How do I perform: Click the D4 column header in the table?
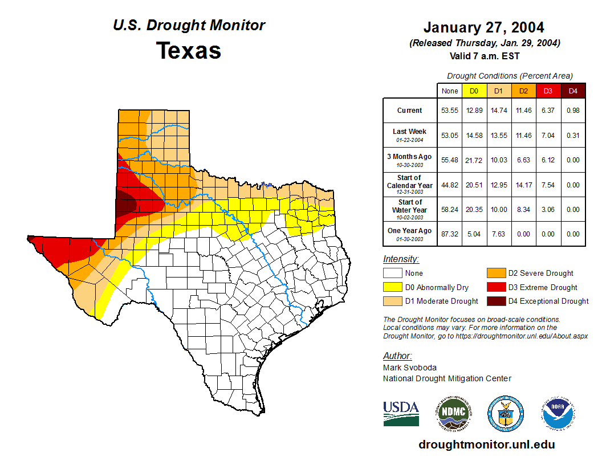(573, 91)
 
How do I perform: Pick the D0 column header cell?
(474, 91)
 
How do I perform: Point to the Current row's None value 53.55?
(449, 111)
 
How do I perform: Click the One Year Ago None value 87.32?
(449, 234)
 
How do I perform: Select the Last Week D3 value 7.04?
(548, 135)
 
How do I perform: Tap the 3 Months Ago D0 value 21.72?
(474, 160)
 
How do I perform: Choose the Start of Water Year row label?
(410, 209)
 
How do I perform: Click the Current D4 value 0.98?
(573, 111)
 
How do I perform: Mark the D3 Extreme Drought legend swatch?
(495, 287)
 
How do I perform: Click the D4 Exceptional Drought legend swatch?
(495, 301)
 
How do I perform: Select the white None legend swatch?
(392, 274)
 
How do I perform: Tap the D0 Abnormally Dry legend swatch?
(392, 287)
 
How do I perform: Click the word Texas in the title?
(189, 51)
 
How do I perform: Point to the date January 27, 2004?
(483, 27)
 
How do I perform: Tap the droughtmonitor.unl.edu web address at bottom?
(486, 444)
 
